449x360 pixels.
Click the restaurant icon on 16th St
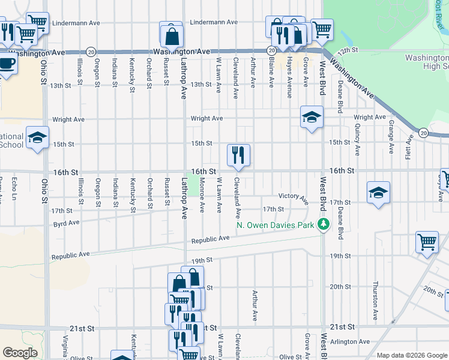click(x=238, y=155)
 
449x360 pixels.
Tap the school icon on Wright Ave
click(x=312, y=117)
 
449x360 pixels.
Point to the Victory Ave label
click(x=293, y=196)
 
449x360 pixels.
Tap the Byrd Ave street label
click(x=66, y=223)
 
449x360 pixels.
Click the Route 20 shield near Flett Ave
click(x=423, y=132)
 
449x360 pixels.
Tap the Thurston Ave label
click(x=375, y=300)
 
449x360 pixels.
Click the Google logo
click(x=20, y=353)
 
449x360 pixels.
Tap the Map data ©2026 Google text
click(x=412, y=355)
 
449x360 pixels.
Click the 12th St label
click(x=347, y=52)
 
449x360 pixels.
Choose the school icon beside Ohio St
click(x=37, y=139)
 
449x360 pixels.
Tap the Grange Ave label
click(x=391, y=137)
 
